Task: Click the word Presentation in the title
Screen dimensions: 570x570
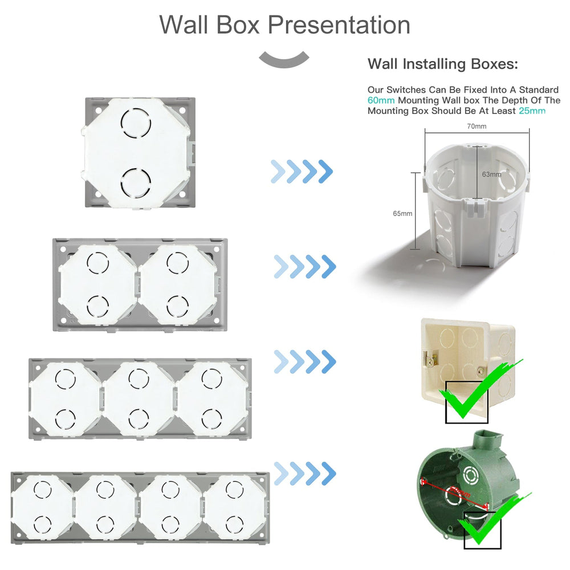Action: click(x=339, y=26)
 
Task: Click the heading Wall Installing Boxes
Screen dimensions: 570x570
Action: click(x=442, y=64)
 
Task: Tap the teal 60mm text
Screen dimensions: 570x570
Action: click(x=381, y=100)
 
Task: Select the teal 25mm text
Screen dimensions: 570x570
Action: click(x=531, y=111)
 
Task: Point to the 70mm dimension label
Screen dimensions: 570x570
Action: click(x=477, y=126)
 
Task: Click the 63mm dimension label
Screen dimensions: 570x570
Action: click(x=491, y=174)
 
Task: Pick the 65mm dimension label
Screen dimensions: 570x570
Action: click(x=402, y=213)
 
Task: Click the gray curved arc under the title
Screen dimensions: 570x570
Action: click(x=284, y=59)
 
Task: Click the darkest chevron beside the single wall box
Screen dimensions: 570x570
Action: click(x=325, y=171)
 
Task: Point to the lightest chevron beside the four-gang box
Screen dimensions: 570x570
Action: click(x=280, y=473)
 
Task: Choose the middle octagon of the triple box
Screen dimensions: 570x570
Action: click(x=139, y=398)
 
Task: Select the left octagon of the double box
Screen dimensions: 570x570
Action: click(x=98, y=283)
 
